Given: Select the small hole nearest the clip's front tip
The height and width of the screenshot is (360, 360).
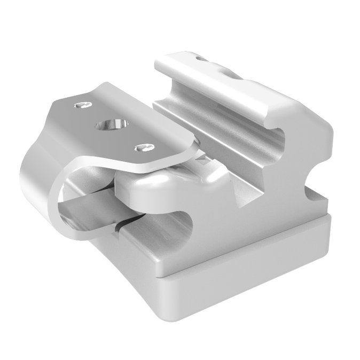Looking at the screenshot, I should [142, 147].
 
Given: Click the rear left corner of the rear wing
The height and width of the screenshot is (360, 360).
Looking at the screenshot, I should [158, 61].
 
